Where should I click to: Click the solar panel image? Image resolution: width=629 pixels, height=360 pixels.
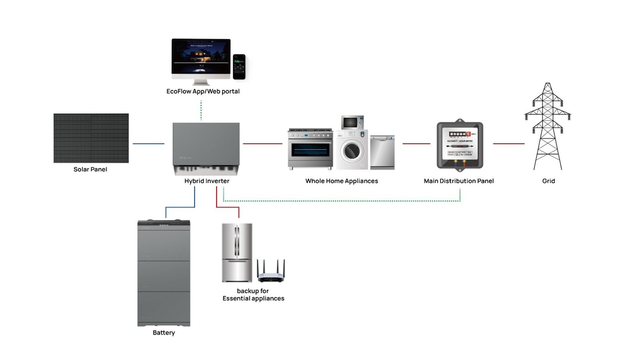pos(91,138)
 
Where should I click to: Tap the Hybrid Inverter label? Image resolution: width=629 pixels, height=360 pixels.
pos(207,181)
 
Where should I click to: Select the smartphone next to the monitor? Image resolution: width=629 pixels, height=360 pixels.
pos(239,67)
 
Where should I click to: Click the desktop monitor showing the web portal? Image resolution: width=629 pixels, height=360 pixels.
pos(201,58)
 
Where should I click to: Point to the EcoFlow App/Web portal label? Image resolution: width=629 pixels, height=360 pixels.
pos(203,91)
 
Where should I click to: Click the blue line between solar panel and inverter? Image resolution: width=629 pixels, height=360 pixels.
pos(148,144)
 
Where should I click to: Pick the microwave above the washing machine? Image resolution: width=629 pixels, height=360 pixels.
pos(352,122)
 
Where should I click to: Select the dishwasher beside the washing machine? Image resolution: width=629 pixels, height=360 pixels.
pos(382,152)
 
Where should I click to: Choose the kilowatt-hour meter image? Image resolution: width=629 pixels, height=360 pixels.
pos(459,145)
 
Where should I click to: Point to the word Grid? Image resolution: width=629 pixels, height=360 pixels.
pos(548,181)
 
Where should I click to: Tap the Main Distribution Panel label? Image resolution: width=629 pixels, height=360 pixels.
pos(458,181)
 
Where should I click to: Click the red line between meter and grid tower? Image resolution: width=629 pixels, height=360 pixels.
pos(509,144)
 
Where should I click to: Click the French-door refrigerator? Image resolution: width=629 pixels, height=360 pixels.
pos(237,252)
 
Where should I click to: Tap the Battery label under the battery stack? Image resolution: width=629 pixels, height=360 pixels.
pos(164,333)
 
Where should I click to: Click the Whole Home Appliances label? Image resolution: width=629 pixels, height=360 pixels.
pos(342,181)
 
